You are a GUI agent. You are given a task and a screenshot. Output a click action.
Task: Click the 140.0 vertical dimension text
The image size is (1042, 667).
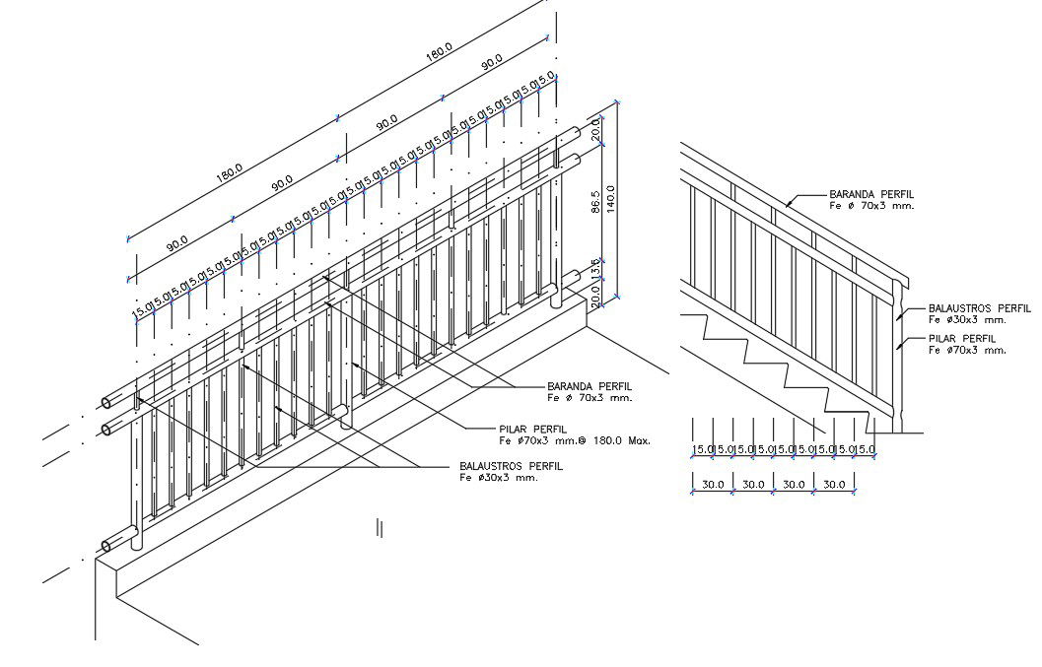[611, 201]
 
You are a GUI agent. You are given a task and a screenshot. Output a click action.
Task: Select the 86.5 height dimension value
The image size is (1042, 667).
[595, 201]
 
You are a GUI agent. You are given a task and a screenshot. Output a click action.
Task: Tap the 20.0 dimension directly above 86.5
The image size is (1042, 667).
[595, 129]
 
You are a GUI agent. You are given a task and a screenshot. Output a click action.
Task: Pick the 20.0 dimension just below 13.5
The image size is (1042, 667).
[595, 296]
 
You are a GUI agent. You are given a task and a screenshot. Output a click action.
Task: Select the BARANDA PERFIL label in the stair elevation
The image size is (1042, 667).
[871, 194]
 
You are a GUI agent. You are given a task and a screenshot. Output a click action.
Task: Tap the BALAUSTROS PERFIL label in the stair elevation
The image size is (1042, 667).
[979, 308]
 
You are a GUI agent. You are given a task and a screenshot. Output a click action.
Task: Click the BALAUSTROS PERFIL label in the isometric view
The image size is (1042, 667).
[511, 466]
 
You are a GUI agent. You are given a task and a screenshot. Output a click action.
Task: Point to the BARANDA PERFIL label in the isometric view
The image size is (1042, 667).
[590, 386]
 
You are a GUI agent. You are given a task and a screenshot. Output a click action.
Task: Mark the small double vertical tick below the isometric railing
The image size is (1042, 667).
[380, 528]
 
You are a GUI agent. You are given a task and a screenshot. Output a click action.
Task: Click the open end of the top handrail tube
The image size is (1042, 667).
[106, 403]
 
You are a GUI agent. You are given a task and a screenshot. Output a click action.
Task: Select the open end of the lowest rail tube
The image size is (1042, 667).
[106, 545]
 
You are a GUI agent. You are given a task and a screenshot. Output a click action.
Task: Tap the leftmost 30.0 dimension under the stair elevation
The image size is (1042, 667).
[712, 484]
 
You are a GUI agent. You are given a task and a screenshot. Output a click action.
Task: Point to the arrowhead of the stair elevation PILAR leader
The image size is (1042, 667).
[899, 347]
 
